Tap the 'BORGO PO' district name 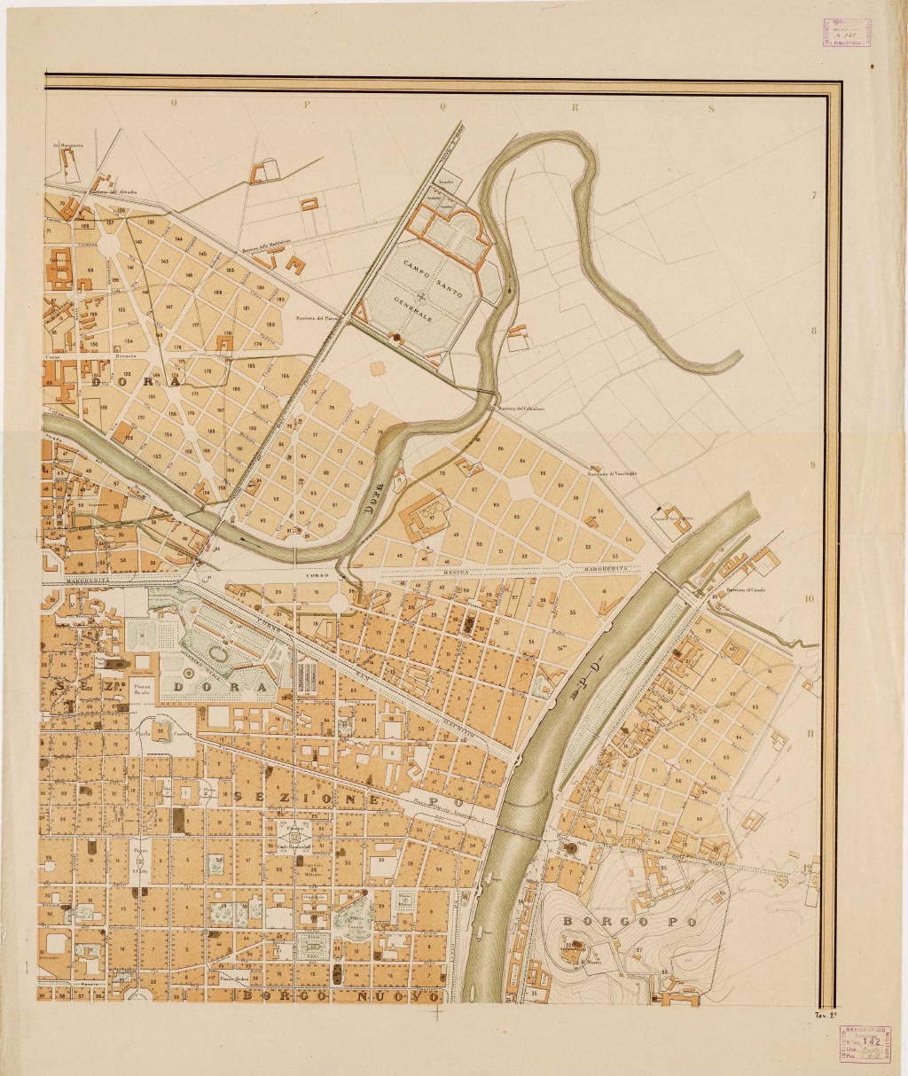630,922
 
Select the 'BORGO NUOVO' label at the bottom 341,997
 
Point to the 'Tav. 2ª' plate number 826,1013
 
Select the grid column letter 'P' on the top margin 306,104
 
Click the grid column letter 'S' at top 711,109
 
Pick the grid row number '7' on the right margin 813,197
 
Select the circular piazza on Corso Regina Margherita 338,601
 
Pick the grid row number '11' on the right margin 809,733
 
